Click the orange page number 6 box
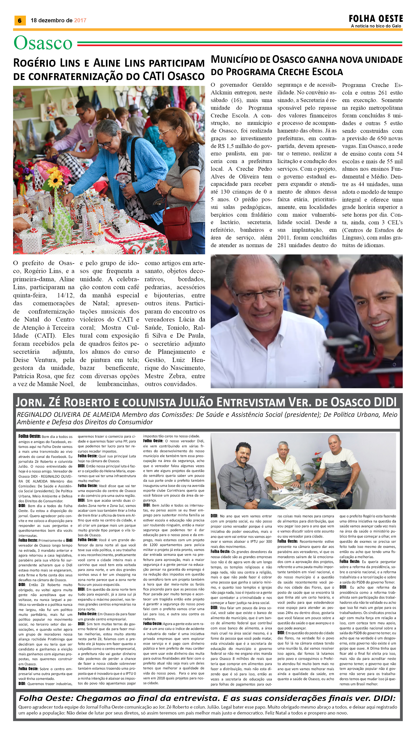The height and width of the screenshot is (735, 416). (20, 20)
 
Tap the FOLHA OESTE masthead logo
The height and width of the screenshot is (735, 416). (376, 19)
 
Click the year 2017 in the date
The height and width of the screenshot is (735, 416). (80, 20)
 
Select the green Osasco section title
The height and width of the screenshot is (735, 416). (43, 43)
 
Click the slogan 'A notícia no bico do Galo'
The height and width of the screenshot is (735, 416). (376, 26)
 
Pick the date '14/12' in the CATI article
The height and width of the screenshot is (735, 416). (65, 295)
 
